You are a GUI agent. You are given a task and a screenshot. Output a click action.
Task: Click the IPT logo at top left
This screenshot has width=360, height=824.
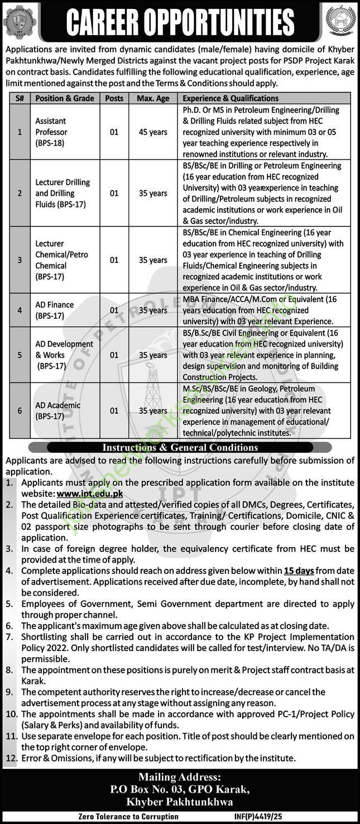(x=20, y=21)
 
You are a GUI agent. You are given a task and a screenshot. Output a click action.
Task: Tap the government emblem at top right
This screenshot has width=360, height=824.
(x=340, y=21)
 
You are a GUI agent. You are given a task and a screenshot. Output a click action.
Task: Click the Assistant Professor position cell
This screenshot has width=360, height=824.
(x=51, y=132)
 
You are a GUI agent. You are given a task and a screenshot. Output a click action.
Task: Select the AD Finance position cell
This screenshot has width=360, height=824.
(x=55, y=310)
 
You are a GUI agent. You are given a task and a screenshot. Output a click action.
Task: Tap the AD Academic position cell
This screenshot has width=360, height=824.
(x=58, y=410)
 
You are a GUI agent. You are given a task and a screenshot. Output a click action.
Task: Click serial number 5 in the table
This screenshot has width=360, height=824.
(x=20, y=355)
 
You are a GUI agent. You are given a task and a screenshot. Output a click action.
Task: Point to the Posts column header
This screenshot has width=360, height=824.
(x=114, y=98)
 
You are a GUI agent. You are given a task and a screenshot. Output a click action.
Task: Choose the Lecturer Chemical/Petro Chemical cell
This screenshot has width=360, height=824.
(x=62, y=260)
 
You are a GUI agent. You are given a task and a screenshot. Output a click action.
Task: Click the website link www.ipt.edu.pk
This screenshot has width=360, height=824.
(x=89, y=494)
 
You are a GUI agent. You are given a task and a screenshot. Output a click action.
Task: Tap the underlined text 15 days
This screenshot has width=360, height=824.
(x=299, y=571)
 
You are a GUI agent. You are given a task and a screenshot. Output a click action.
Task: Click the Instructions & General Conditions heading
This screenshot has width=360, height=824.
(x=180, y=447)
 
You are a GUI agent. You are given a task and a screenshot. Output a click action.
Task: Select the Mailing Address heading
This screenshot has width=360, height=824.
(x=179, y=777)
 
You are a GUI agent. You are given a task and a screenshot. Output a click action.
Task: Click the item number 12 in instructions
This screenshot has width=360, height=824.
(x=11, y=758)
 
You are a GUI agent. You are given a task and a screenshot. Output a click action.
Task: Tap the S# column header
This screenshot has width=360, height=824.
(x=20, y=98)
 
